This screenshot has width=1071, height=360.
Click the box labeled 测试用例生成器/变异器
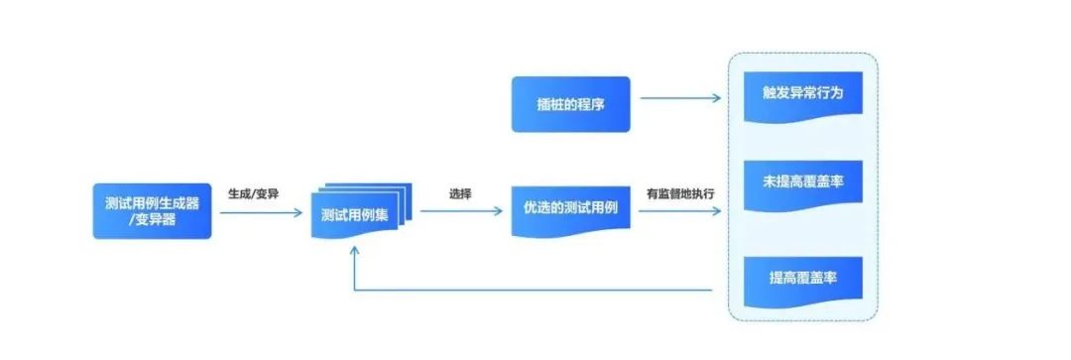pos(153,210)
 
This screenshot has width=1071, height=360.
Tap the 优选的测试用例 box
pos(570,209)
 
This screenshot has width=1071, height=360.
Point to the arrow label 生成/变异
pos(253,193)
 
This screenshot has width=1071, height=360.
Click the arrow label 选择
pos(459,193)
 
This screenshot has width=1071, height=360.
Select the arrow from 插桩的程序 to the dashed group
pos(679,98)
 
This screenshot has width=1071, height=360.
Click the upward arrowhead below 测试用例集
pos(356,251)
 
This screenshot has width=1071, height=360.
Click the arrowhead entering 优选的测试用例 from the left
pos(500,210)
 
